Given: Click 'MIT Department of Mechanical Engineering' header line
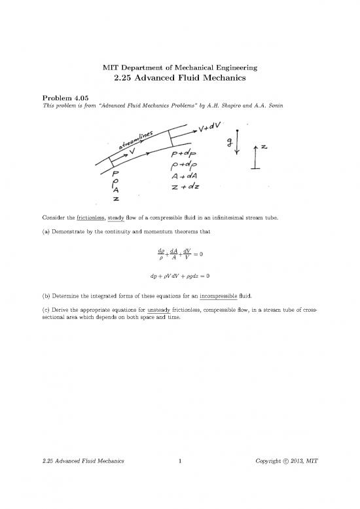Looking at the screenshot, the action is click(x=179, y=68).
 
